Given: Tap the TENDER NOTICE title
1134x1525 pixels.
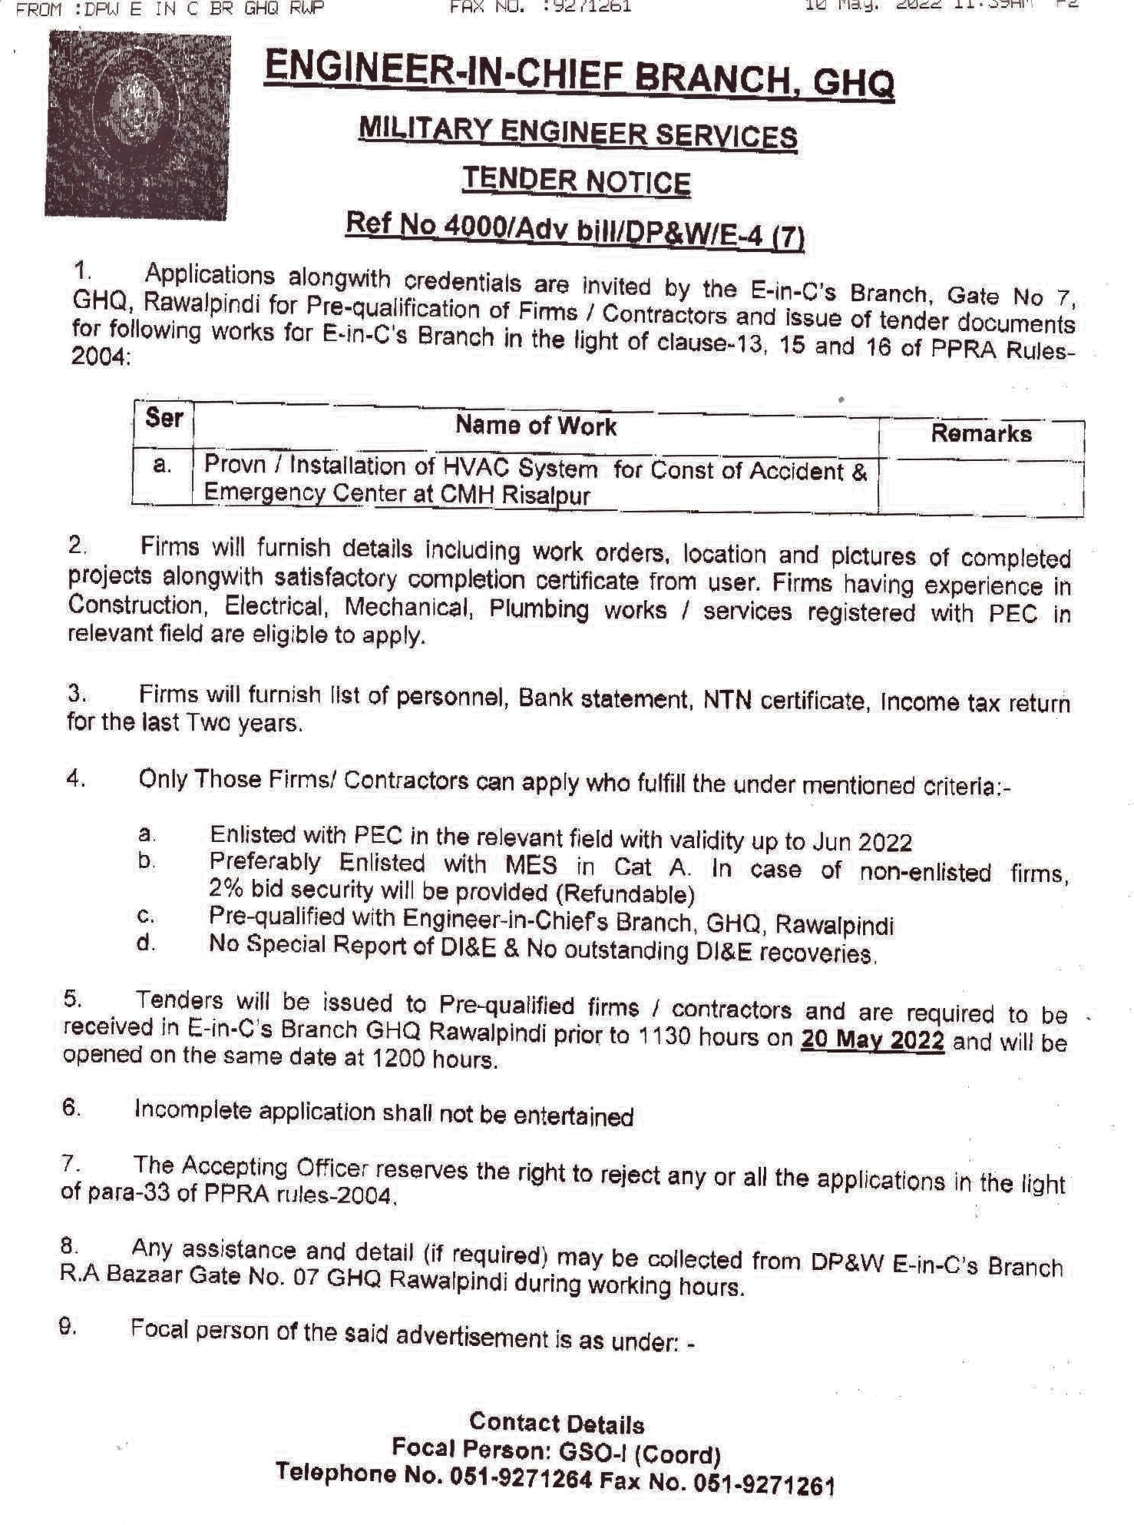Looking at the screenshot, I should [x=577, y=181].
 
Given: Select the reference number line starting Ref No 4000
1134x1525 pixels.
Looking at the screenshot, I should [x=575, y=230].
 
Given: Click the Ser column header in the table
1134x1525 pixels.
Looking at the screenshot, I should [x=164, y=419].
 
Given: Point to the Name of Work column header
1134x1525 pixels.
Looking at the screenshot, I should [x=536, y=426].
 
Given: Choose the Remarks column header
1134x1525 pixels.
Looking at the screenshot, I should [x=980, y=433].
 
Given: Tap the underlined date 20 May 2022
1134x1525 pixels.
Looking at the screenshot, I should [x=872, y=1039].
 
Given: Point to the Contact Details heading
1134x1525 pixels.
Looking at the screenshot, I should [x=557, y=1424].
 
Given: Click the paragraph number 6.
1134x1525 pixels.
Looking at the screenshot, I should [x=71, y=1107].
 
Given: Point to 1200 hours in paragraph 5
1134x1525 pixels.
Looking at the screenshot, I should [x=434, y=1059].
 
